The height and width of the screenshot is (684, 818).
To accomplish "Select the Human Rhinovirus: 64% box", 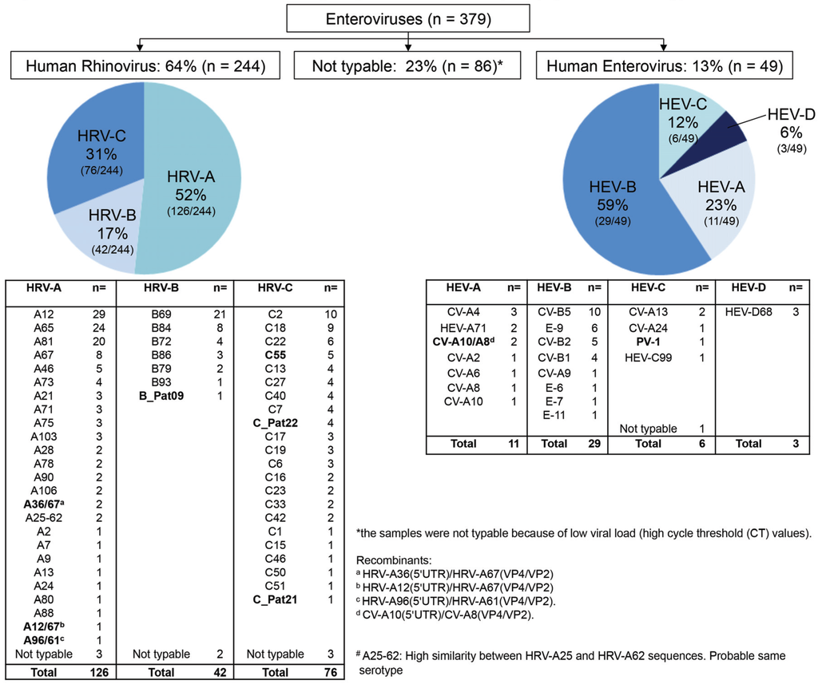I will tap(145, 66).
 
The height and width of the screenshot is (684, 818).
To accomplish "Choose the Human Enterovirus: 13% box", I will tap(664, 66).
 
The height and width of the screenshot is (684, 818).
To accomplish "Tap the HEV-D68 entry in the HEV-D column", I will tap(750, 312).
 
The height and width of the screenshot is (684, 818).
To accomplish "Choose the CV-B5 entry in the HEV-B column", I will tap(556, 312).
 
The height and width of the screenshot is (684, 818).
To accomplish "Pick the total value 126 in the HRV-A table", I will tap(99, 673).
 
